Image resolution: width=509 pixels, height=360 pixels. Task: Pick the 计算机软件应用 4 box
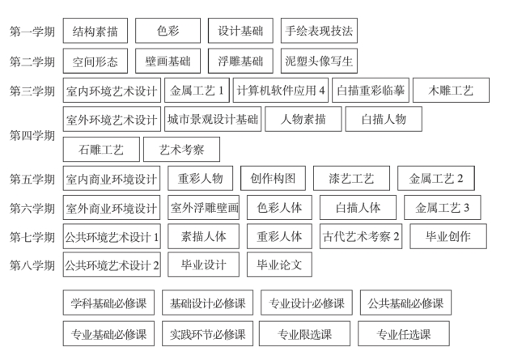281,90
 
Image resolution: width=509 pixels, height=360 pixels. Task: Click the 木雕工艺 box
455,90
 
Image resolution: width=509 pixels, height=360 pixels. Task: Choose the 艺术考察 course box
176,149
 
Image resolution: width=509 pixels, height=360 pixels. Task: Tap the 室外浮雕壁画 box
205,208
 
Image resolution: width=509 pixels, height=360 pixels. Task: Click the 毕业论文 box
279,265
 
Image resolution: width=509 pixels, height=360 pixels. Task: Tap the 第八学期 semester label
32,265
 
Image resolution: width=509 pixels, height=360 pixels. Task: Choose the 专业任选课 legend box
404,333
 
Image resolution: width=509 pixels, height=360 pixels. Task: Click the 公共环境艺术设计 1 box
112,236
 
